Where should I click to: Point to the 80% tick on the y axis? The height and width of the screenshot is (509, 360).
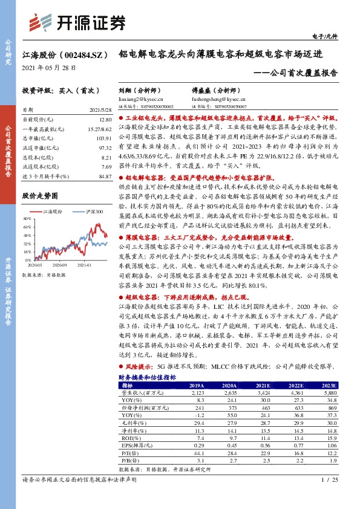(x=28, y=218)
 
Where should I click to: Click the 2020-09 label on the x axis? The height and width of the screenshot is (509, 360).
(x=59, y=264)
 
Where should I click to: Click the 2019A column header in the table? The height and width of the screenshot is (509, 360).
(x=197, y=384)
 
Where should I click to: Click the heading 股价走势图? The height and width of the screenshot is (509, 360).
(x=40, y=196)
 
